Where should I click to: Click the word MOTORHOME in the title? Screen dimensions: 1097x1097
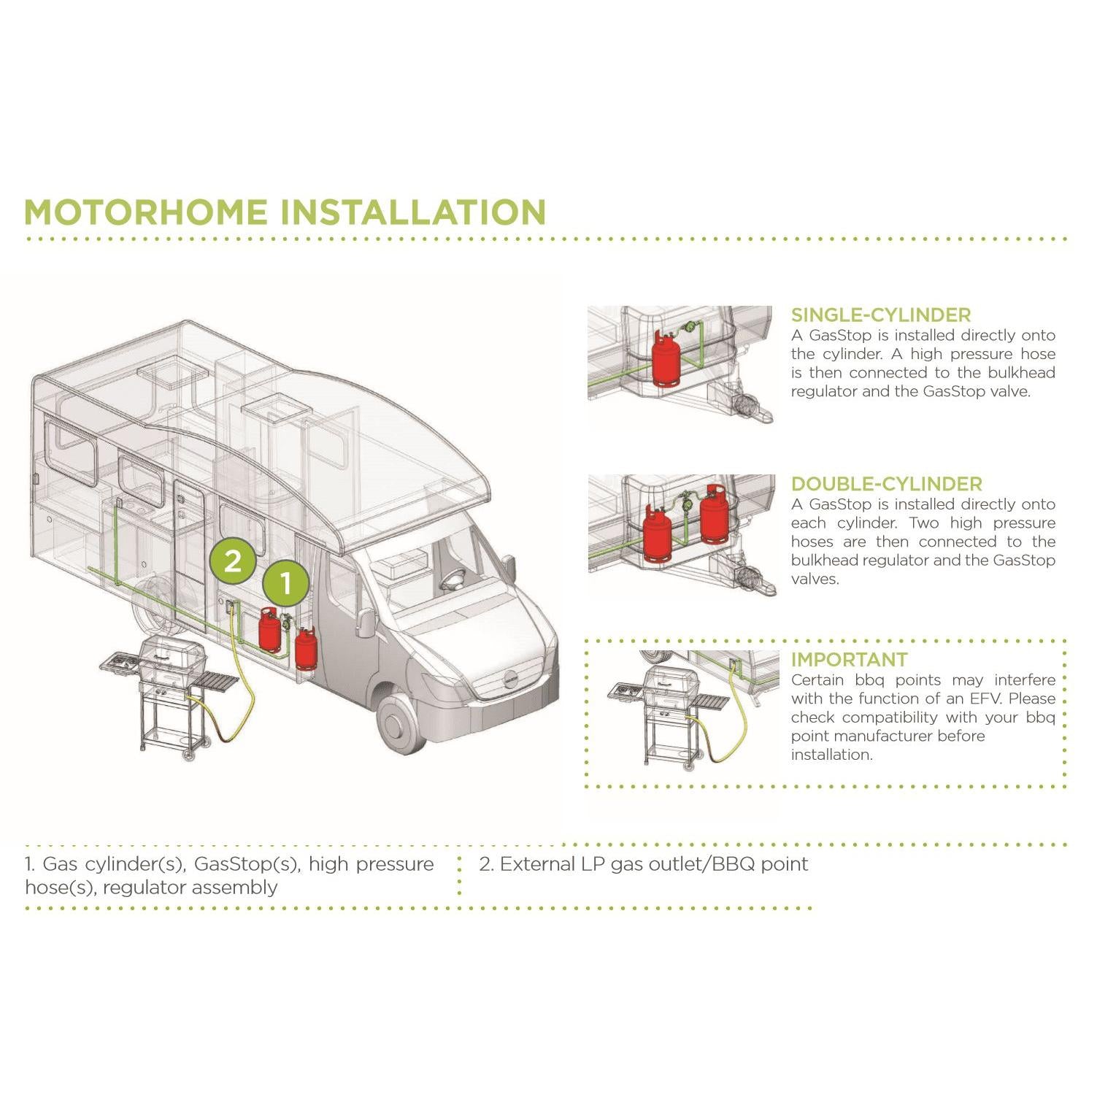tap(146, 212)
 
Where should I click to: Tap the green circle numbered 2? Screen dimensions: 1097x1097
tap(232, 561)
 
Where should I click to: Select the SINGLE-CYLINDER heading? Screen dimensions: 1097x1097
tap(880, 315)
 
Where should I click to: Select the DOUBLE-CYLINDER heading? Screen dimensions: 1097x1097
tap(886, 484)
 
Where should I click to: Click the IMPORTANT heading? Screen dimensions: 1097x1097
tap(849, 660)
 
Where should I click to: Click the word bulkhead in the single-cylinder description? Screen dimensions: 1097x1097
tap(1021, 372)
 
